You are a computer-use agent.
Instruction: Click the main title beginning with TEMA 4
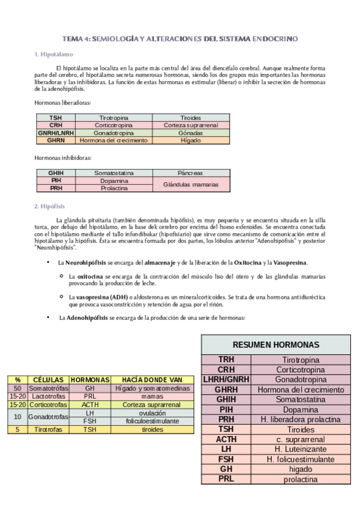point(180,38)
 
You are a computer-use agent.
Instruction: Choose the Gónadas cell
point(191,132)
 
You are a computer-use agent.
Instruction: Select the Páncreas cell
point(191,173)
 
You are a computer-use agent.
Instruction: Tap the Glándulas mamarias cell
point(191,184)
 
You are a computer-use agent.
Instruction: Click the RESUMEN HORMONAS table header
point(276,345)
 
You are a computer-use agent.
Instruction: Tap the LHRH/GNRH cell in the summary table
point(226,379)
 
